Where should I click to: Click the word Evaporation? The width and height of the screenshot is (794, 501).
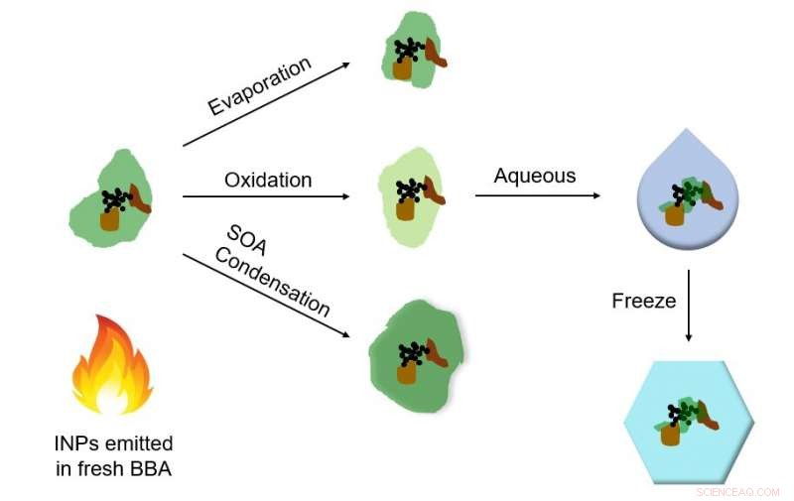pyautogui.click(x=259, y=87)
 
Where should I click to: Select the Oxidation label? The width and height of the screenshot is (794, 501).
pyautogui.click(x=268, y=180)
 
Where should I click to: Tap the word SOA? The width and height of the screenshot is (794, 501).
pyautogui.click(x=244, y=242)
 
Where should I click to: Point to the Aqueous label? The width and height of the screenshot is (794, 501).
pyautogui.click(x=535, y=176)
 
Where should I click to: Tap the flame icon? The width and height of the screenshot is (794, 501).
pyautogui.click(x=111, y=365)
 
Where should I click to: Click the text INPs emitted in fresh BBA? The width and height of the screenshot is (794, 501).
pyautogui.click(x=113, y=454)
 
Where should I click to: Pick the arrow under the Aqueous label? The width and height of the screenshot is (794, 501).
pyautogui.click(x=537, y=195)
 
